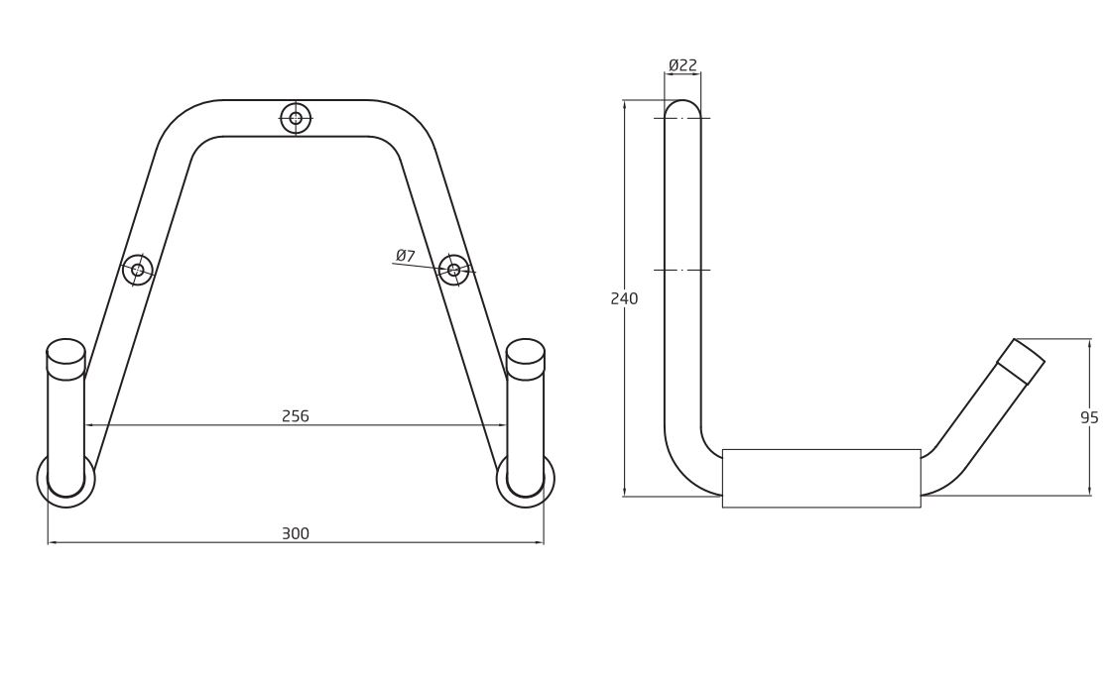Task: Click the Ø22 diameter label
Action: (x=682, y=65)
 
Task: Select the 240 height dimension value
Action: (x=624, y=298)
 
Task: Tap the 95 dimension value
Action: (x=1089, y=417)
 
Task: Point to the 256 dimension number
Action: (x=296, y=416)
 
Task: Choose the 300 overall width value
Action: (x=296, y=533)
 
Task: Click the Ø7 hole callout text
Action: (x=406, y=256)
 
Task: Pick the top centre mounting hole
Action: (x=296, y=118)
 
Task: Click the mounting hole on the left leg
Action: (x=138, y=270)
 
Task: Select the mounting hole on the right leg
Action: (x=454, y=270)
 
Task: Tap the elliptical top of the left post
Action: (x=65, y=351)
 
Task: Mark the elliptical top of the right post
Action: (x=526, y=351)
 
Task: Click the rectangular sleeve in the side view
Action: (x=821, y=478)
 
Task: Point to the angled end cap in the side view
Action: (x=1021, y=362)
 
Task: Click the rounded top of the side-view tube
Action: (x=682, y=107)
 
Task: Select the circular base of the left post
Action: (x=65, y=480)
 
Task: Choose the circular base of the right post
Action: (x=526, y=480)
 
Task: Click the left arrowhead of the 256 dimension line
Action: (x=89, y=424)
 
